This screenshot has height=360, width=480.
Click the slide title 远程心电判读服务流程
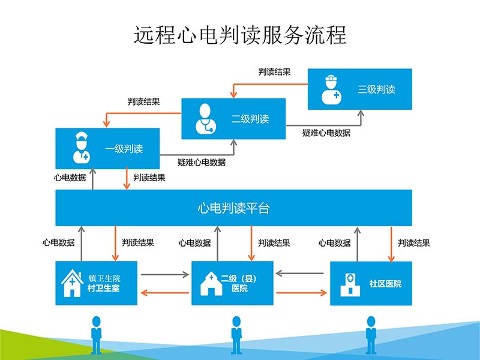(x=240, y=34)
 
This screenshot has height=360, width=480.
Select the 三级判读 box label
(x=376, y=89)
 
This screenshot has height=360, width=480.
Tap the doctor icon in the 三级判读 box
(x=330, y=90)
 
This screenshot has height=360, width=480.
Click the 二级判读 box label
(x=250, y=119)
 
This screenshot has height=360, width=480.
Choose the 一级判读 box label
(x=124, y=149)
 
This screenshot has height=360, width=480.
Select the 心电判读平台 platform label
(x=233, y=208)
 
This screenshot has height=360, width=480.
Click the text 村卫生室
(x=104, y=289)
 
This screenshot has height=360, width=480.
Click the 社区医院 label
(x=385, y=283)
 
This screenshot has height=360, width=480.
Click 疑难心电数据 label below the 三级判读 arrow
(x=326, y=133)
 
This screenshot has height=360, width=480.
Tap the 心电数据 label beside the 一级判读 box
(x=70, y=178)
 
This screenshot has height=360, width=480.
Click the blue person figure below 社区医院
(x=371, y=337)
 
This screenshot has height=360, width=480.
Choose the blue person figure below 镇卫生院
(x=96, y=337)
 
